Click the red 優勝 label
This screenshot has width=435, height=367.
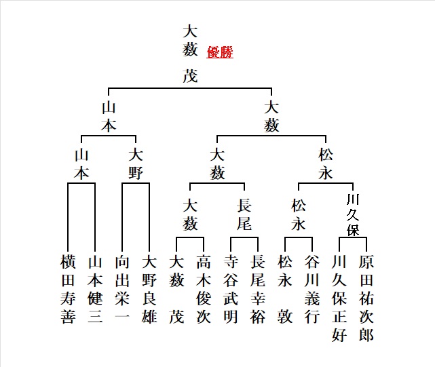[x=219, y=52]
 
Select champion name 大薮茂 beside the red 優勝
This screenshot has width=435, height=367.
[x=191, y=53]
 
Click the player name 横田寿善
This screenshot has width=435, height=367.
[x=68, y=289]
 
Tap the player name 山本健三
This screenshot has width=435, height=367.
[x=95, y=289]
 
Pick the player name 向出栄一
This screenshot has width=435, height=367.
[x=122, y=289]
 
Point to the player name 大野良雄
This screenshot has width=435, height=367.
[x=149, y=289]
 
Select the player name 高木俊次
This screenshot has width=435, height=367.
[x=204, y=289]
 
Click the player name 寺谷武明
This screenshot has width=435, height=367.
[x=231, y=289]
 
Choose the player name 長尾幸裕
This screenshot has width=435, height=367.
[x=258, y=289]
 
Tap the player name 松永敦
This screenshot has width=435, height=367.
[x=285, y=289]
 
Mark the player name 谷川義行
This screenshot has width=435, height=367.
[x=312, y=289]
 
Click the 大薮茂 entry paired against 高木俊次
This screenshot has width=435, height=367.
[x=176, y=289]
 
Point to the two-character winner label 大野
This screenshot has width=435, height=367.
[x=136, y=163]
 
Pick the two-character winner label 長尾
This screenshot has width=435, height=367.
[x=244, y=213]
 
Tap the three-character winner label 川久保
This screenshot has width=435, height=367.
[x=353, y=214]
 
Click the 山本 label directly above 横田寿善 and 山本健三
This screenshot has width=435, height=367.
[x=81, y=163]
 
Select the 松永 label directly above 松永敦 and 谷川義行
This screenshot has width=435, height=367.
[x=299, y=213]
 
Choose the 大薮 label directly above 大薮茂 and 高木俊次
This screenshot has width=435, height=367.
[x=190, y=213]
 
